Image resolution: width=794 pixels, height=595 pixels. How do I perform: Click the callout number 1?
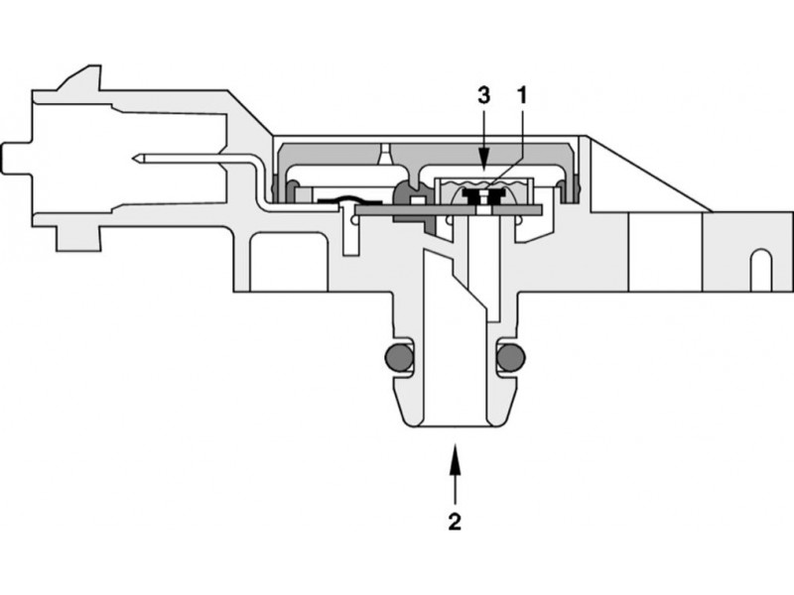tap(520, 97)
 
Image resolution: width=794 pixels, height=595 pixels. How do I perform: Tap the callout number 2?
tap(454, 521)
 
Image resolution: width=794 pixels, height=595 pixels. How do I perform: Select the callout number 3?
tap(482, 97)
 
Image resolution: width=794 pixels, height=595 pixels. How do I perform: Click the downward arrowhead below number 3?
tap(482, 160)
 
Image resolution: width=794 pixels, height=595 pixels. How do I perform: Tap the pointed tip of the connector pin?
tap(136, 159)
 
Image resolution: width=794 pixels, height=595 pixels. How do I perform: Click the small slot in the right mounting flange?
tap(759, 269)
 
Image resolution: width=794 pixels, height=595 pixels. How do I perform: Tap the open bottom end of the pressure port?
tap(454, 426)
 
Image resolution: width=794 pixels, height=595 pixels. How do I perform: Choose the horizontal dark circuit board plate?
tap(447, 209)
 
